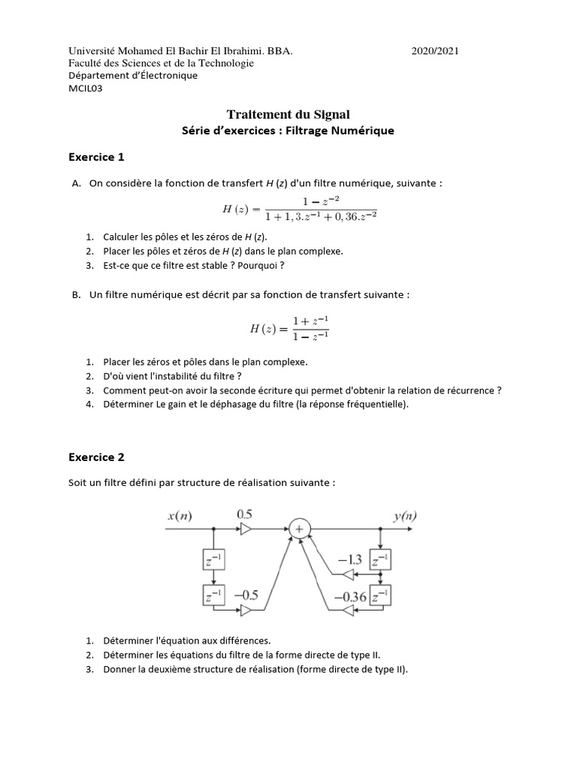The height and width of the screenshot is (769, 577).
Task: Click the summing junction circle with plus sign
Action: tap(300, 529)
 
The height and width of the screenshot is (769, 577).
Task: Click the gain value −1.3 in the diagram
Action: tap(350, 560)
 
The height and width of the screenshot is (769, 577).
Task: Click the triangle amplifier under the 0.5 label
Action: tap(246, 529)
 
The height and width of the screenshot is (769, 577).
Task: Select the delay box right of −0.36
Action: tap(382, 596)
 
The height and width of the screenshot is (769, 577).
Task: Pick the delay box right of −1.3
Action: tap(382, 560)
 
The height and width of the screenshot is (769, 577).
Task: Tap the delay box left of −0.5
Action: tap(213, 596)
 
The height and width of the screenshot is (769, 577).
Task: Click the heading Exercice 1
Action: tap(96, 157)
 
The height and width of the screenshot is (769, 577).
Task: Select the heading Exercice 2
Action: tap(96, 457)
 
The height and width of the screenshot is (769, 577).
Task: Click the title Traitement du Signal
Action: tap(288, 114)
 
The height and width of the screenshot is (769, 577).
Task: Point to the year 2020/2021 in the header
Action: tap(435, 51)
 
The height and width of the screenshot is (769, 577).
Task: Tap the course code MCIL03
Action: tap(86, 88)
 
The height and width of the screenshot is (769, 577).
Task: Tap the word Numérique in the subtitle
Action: tap(367, 131)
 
